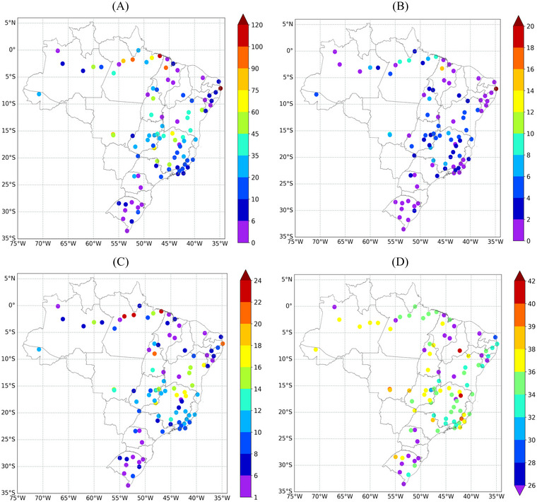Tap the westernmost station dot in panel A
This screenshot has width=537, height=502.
coord(39,93)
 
